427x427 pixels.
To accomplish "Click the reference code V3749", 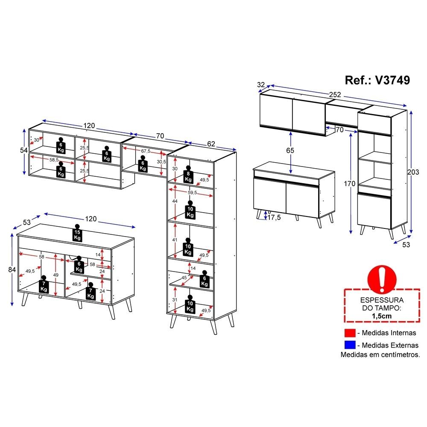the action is click(392, 80).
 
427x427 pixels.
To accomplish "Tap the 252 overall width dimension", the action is click(335, 94).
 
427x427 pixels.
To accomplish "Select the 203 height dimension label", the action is click(413, 172).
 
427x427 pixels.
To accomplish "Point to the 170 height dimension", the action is click(349, 184).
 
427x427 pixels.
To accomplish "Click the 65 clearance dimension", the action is click(290, 150).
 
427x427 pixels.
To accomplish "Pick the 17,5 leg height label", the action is click(274, 217).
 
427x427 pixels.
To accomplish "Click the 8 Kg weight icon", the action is click(188, 175).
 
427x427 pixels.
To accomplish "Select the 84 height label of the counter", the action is click(12, 269).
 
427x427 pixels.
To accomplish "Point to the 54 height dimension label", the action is click(23, 150).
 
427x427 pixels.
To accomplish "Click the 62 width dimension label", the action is click(211, 144).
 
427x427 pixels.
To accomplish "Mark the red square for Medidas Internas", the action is click(350, 333).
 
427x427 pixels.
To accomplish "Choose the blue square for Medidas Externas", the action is click(350, 345).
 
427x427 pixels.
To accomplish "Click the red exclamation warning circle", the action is click(382, 278).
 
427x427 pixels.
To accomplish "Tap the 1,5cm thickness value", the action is click(382, 316).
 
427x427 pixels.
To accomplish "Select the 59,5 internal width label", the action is click(192, 193).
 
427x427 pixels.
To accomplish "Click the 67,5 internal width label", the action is click(146, 151).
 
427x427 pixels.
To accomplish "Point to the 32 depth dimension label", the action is click(261, 85).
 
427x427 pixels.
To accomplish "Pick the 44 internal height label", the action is click(175, 201).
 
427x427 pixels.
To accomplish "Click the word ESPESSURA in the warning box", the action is click(382, 300).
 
